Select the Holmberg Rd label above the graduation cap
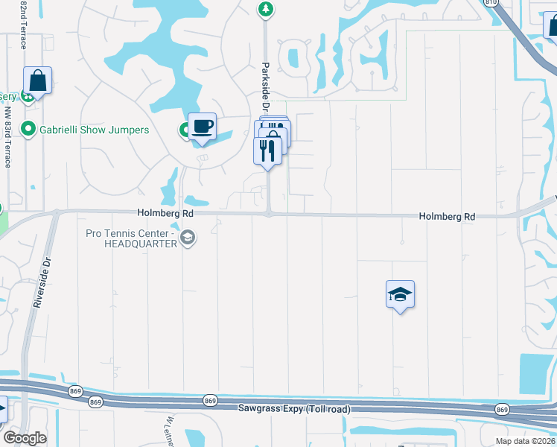coord(447,216)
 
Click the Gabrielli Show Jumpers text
coord(95,130)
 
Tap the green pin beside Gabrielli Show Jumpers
coord(29,130)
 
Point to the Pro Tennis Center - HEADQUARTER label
coord(132,238)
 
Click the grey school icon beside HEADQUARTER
coord(188,238)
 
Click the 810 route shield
coord(490,2)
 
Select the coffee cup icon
coord(201,126)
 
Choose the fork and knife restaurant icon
coord(267,150)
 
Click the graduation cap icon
coord(400,294)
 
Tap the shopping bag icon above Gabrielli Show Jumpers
coord(36,80)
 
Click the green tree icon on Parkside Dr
coord(264,9)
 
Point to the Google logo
coord(25,438)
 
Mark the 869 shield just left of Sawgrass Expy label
coord(210,400)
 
